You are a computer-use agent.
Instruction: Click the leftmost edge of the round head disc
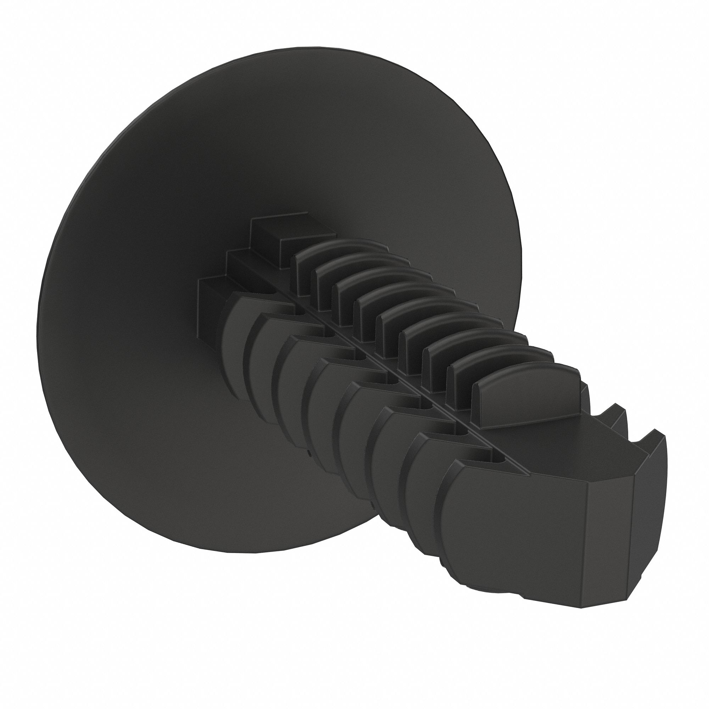click(39, 305)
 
